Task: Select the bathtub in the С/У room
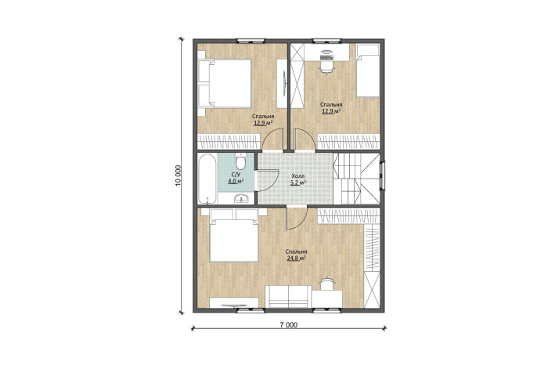pos(207,179)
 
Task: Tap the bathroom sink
pos(240,199)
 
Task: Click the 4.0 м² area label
pos(236,181)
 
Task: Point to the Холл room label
pos(297,176)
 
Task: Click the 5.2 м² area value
pos(298,182)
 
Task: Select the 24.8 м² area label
pos(297,259)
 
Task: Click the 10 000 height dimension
pos(178,175)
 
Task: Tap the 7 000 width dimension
pos(289,325)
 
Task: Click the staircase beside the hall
pos(356,179)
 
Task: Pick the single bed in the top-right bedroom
pos(368,71)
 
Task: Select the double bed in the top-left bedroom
pos(225,84)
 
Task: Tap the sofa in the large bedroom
pos(288,297)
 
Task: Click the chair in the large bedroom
pos(327,283)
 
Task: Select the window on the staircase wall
pos(383,175)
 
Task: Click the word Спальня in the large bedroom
pos(297,251)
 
